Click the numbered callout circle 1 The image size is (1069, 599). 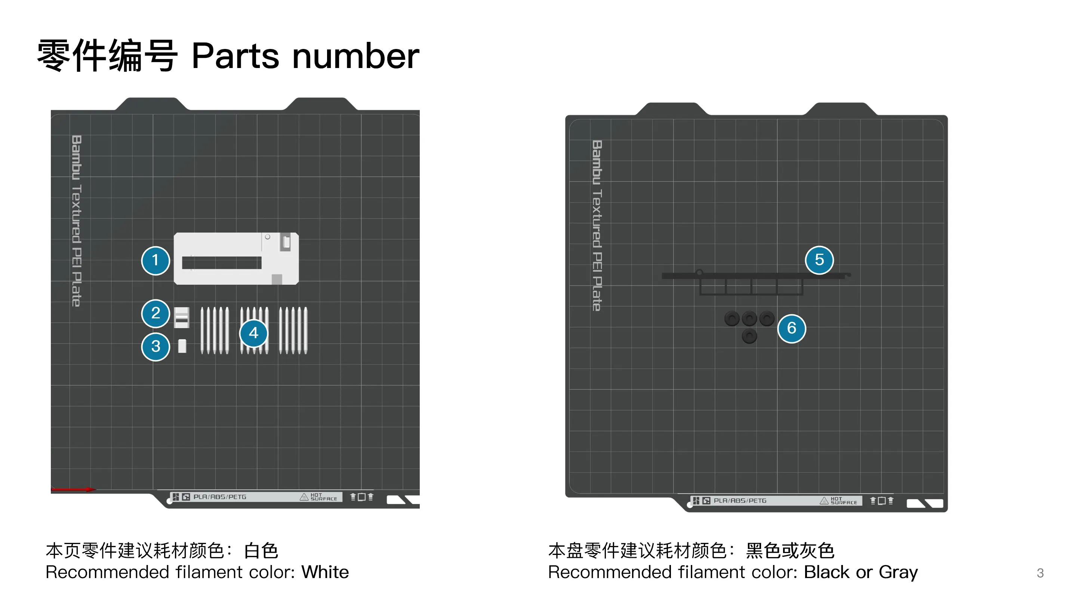(155, 260)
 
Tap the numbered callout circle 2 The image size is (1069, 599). (155, 313)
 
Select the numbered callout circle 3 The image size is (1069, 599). (155, 346)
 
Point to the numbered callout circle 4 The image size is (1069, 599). (253, 333)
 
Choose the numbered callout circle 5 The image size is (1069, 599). (819, 260)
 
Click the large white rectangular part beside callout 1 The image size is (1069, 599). (236, 259)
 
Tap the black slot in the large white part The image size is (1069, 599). (222, 263)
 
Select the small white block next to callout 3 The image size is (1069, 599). (182, 346)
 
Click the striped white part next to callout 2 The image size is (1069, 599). (181, 317)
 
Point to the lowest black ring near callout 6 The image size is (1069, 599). (749, 336)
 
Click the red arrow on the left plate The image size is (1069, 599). (73, 490)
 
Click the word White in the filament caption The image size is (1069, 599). (325, 572)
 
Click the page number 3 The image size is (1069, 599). (1040, 573)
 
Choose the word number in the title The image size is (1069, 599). (355, 56)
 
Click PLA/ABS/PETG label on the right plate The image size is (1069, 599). (740, 501)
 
